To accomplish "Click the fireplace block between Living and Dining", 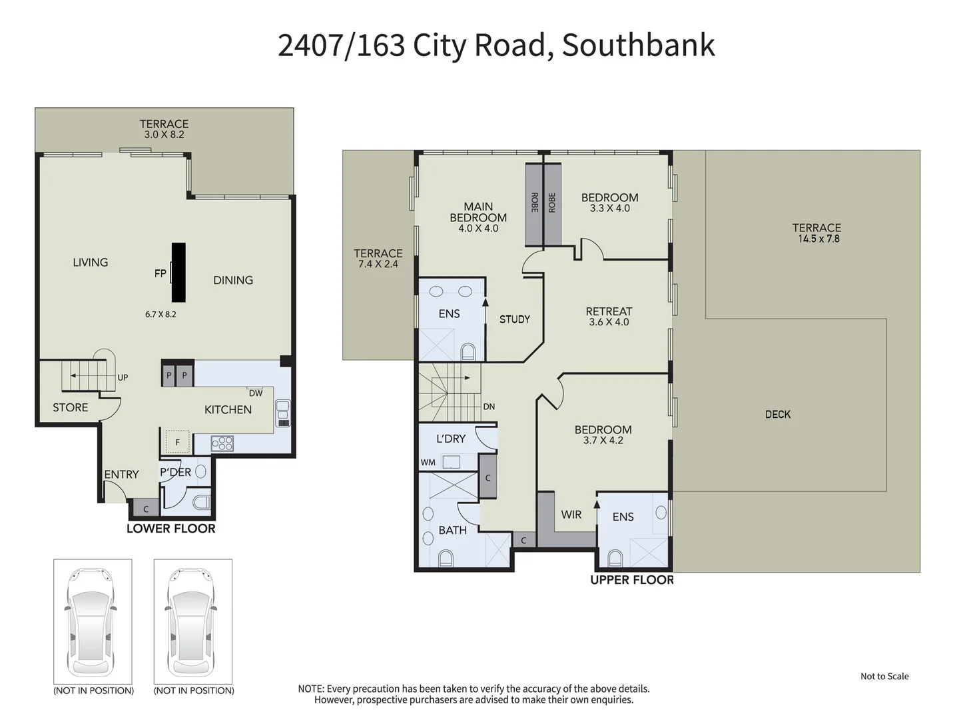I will (x=178, y=272).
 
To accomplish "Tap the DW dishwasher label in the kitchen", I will (x=256, y=393).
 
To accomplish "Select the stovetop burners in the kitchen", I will (x=222, y=443).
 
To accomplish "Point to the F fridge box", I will (x=177, y=442).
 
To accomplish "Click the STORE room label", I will (x=70, y=407).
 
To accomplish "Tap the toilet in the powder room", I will (x=200, y=501).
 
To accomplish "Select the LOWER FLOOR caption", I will (x=171, y=529).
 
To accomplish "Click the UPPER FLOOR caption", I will (x=631, y=580).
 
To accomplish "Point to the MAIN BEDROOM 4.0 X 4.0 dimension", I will (x=478, y=229).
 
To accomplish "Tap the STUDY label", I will (x=515, y=319).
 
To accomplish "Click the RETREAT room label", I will (x=609, y=311).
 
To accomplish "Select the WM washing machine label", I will (x=428, y=462).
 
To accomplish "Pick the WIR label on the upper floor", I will (x=571, y=515).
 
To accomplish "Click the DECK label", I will (x=778, y=414).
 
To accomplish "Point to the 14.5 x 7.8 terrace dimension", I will (x=818, y=239).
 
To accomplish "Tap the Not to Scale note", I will (x=884, y=676).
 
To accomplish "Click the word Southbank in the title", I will (x=638, y=45).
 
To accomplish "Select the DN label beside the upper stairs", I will (x=489, y=407).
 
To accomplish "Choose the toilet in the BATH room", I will (x=446, y=557).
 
